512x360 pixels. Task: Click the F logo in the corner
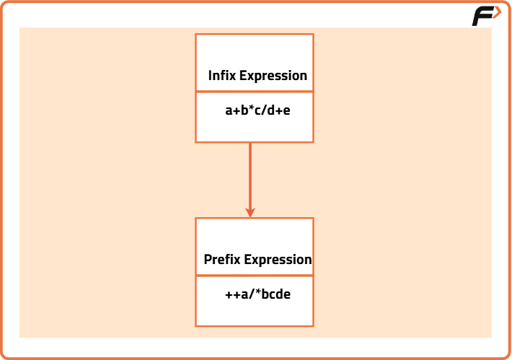coord(486,17)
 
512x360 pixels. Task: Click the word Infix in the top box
coord(222,76)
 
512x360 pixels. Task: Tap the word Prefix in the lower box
coord(222,260)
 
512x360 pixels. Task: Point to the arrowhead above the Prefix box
coord(250,212)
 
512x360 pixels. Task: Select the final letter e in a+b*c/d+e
coord(286,112)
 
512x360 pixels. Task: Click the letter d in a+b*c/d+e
coord(270,111)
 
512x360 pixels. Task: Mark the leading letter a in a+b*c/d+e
coord(229,112)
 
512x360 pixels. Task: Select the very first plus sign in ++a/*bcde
coord(229,296)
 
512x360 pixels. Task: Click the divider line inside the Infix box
coord(255,92)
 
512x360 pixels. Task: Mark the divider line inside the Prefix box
coord(255,275)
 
